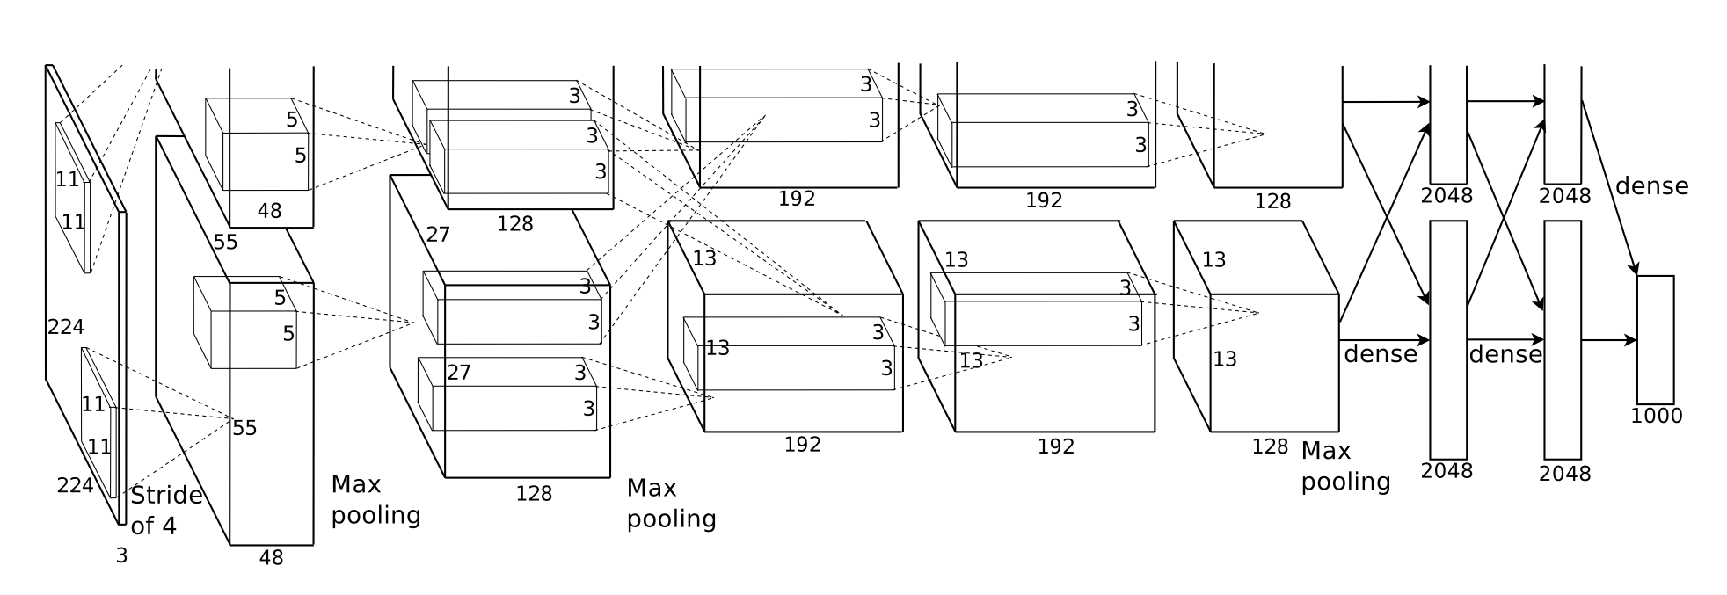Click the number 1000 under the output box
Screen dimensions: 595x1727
click(x=1656, y=416)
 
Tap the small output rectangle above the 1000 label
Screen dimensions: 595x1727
click(x=1655, y=339)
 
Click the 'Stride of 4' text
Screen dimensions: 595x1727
click(x=166, y=511)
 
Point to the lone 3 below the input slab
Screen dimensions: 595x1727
click(x=121, y=555)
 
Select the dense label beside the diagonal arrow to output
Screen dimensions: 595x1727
click(x=1651, y=186)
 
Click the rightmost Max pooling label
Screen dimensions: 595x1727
click(x=1345, y=467)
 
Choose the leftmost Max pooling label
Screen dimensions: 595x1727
click(x=375, y=499)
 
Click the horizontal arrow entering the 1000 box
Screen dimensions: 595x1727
click(x=1608, y=340)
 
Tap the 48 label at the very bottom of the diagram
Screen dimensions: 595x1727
click(x=271, y=558)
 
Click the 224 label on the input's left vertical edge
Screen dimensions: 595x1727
click(x=66, y=328)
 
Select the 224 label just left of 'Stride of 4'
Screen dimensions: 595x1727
click(x=75, y=485)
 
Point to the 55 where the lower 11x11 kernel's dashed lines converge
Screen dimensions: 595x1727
click(x=244, y=428)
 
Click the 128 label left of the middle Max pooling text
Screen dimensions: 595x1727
click(x=534, y=494)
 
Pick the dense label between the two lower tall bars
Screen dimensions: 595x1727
click(x=1505, y=354)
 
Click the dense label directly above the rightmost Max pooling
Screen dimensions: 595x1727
click(x=1380, y=354)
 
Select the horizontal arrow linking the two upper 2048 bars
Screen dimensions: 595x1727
click(x=1505, y=102)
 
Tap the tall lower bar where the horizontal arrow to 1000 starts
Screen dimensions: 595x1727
click(x=1562, y=339)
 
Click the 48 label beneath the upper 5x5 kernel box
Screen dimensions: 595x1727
click(x=269, y=211)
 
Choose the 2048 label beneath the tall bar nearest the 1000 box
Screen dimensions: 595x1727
click(x=1564, y=474)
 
